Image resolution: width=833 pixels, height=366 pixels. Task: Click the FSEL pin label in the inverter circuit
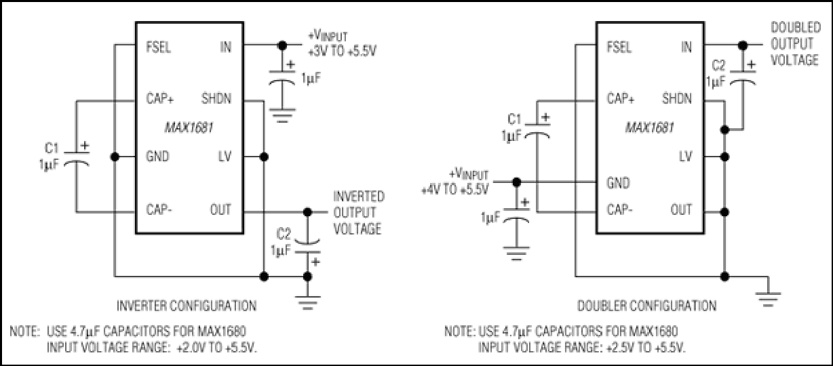click(x=159, y=47)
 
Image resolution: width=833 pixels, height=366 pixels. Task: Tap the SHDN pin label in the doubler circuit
click(x=677, y=98)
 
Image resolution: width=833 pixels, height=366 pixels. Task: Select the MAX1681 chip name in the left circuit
click(x=189, y=128)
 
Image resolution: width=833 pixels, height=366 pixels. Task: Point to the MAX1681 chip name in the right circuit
click(x=650, y=128)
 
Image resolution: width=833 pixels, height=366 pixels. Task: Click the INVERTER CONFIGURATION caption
click(x=187, y=306)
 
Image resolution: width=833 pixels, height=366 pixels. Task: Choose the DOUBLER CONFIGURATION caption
click(x=646, y=306)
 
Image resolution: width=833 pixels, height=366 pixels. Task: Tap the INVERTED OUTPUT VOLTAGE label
click(x=358, y=213)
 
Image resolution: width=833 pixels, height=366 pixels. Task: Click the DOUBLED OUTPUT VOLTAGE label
click(x=796, y=43)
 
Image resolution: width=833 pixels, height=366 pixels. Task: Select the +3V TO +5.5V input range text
click(x=342, y=51)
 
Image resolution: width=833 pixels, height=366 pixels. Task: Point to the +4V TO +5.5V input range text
click(x=454, y=189)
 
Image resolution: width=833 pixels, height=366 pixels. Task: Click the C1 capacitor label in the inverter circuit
click(x=52, y=148)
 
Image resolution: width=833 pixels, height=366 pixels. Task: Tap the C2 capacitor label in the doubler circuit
click(x=718, y=66)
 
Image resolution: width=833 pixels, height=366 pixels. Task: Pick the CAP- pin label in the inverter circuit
click(x=159, y=209)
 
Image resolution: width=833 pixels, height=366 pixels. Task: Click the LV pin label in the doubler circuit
click(x=685, y=157)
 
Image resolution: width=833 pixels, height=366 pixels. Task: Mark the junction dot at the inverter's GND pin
click(x=115, y=157)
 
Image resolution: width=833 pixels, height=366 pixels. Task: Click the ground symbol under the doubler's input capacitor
click(x=516, y=253)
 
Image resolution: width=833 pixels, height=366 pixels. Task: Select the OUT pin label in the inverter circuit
click(x=220, y=209)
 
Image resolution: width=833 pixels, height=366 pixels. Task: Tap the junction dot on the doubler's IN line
click(x=743, y=45)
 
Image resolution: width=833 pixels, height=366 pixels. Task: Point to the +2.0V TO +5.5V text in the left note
click(x=216, y=348)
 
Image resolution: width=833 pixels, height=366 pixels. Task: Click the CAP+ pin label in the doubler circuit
click(x=621, y=98)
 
